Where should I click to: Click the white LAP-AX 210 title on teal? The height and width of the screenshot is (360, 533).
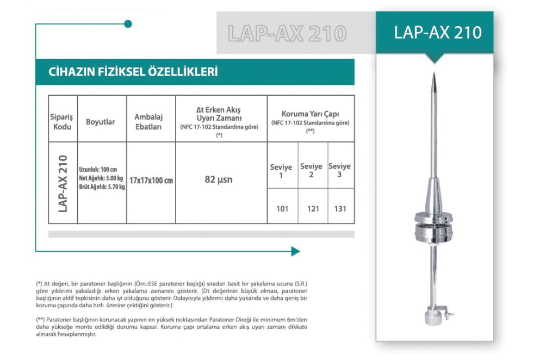click(x=438, y=32)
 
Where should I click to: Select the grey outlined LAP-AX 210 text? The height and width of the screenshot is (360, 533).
click(x=287, y=33)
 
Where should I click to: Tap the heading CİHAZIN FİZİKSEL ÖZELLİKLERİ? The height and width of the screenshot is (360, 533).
click(x=127, y=72)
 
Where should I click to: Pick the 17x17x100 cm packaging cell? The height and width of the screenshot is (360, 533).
click(x=151, y=181)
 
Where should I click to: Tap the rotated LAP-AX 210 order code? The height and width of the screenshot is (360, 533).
click(x=63, y=183)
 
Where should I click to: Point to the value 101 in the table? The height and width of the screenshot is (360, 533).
click(x=282, y=208)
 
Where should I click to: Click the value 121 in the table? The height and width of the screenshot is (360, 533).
click(x=313, y=208)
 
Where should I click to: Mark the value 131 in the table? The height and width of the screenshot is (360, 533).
click(x=341, y=208)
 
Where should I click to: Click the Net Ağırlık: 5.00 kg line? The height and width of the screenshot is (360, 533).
click(x=102, y=178)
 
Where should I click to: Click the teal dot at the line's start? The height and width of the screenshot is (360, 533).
click(x=128, y=24)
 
